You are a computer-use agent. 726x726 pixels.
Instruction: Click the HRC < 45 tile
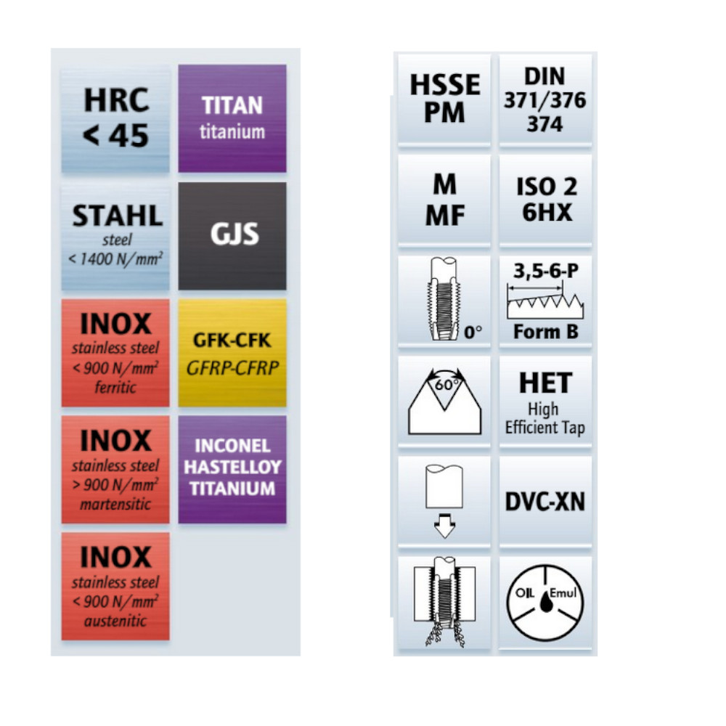point(115,118)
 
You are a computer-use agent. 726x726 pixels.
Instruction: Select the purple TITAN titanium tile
point(232,118)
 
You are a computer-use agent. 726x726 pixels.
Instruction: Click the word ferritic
point(115,388)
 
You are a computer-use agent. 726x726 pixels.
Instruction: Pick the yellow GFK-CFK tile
point(232,353)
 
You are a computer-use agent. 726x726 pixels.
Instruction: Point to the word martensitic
point(115,504)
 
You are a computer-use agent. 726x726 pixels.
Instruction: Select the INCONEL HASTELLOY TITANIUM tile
point(232,468)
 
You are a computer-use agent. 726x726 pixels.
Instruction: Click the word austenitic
point(115,621)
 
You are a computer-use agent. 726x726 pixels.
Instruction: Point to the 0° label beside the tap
point(473,333)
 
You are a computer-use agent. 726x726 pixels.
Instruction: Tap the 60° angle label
point(444,386)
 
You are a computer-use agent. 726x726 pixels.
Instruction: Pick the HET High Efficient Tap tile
point(544,404)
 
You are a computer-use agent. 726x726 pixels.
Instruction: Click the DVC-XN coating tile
point(544,502)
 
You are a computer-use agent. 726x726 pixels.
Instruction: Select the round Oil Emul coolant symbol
point(544,603)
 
